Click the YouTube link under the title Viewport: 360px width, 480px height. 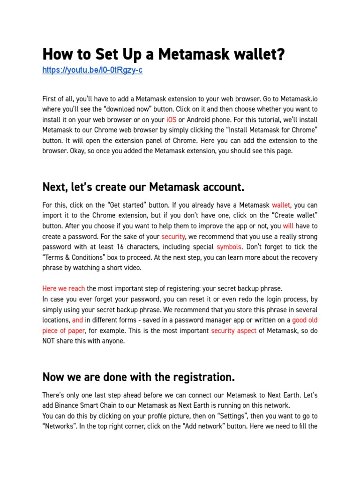(x=92, y=70)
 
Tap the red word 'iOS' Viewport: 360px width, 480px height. (x=171, y=120)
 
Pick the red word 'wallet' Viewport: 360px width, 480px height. (x=281, y=205)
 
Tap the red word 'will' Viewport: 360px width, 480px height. (x=288, y=226)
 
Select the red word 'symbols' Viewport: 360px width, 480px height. (x=229, y=247)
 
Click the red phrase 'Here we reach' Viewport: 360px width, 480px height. (x=63, y=289)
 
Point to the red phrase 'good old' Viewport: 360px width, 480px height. (x=305, y=321)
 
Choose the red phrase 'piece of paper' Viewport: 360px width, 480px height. (x=64, y=331)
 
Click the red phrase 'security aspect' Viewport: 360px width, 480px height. (x=233, y=331)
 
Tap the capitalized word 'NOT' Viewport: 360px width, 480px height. (x=51, y=341)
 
